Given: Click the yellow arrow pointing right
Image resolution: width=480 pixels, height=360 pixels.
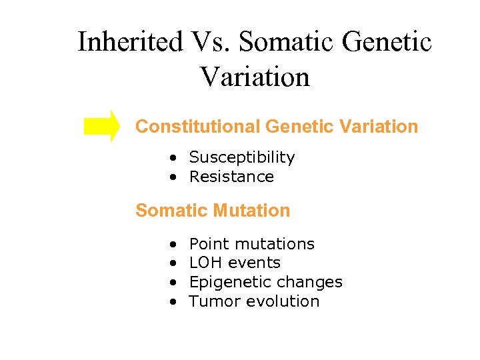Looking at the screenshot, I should (102, 126).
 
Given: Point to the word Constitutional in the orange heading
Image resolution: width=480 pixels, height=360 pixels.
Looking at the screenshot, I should (198, 126).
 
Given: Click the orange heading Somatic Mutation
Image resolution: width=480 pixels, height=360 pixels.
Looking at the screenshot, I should (213, 211).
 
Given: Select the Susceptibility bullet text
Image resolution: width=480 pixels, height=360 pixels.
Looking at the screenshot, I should (241, 157).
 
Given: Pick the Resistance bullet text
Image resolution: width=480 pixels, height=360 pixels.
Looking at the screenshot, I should (231, 177).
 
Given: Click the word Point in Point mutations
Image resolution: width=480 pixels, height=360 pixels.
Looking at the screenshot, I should (207, 244).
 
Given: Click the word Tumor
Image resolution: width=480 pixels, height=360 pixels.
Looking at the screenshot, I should (215, 301).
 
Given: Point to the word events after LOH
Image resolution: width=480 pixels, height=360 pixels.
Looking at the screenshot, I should (254, 263).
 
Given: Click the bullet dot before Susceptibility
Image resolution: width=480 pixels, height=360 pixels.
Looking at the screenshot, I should (173, 158).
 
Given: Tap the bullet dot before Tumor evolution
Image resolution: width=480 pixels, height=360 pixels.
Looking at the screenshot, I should (173, 302).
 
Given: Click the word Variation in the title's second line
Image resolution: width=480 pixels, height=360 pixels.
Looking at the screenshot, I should (255, 77).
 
